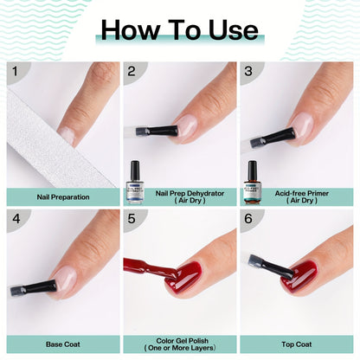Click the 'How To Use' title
179,30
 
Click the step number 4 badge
15,219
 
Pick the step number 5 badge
132,219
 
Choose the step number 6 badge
247,219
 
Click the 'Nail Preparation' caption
61,196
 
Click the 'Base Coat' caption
61,343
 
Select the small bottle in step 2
135,172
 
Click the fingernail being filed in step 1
67,135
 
